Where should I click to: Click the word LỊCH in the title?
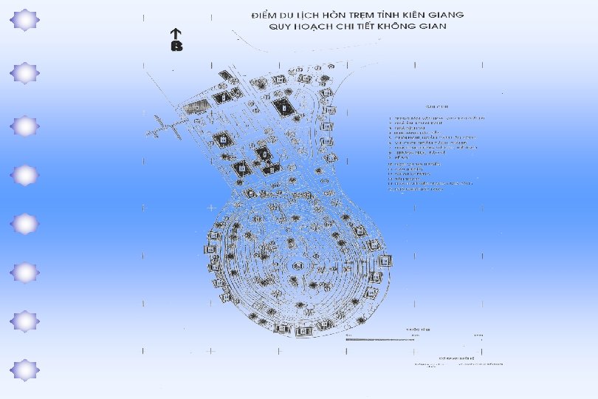pyautogui.click(x=314, y=15)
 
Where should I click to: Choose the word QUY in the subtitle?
pyautogui.click(x=283, y=27)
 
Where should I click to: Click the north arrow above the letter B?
pyautogui.click(x=176, y=34)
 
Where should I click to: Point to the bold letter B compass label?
pyautogui.click(x=176, y=47)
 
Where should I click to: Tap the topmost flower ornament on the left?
pyautogui.click(x=26, y=20)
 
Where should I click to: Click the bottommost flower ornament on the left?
pyautogui.click(x=26, y=370)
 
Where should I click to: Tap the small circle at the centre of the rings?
pyautogui.click(x=298, y=265)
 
